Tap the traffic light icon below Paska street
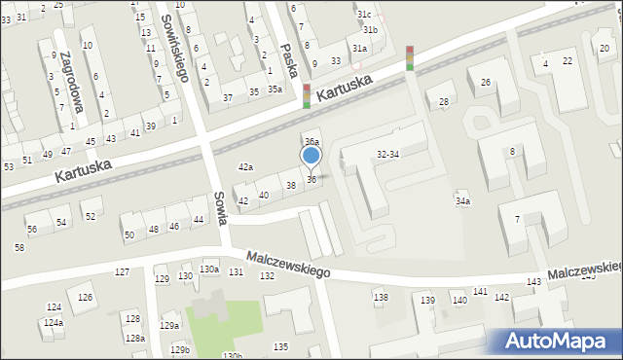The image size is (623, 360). click(307, 95)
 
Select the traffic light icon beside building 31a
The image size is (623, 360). click(410, 58)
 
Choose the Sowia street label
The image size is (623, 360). click(221, 207)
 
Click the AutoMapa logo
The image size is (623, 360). click(556, 341)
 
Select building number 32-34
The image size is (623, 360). click(387, 154)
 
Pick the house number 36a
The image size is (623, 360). click(311, 142)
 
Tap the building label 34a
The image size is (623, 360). click(462, 201)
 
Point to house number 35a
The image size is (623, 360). click(275, 90)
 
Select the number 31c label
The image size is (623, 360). click(364, 15)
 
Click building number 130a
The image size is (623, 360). click(209, 269)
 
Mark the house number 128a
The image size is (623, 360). click(134, 339)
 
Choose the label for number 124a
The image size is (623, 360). click(53, 322)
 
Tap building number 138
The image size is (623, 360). click(381, 297)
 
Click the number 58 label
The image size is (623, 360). click(19, 248)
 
